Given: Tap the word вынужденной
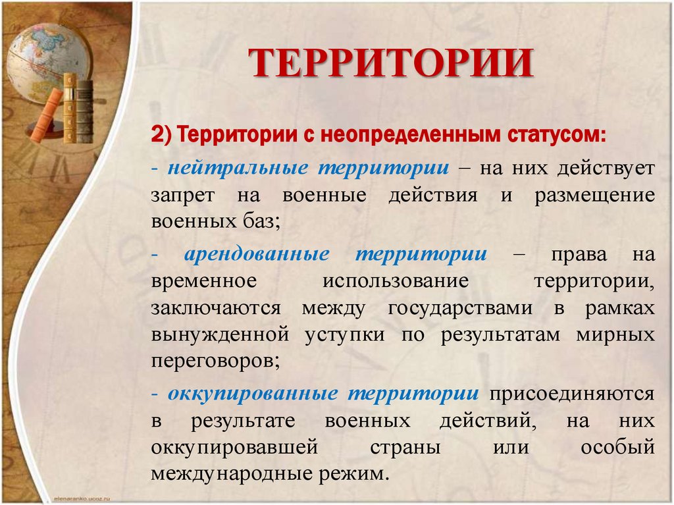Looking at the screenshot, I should pyautogui.click(x=220, y=334).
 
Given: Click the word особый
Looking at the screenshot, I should pyautogui.click(x=618, y=447).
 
